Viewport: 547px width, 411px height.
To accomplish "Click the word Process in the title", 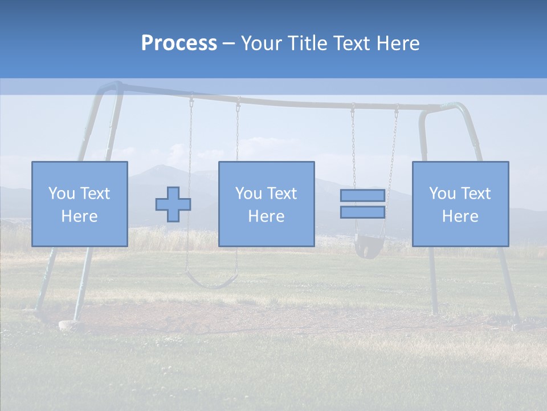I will [179, 43].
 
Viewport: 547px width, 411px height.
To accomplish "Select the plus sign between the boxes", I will [173, 204].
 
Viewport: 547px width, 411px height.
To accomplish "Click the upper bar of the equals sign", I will [362, 195].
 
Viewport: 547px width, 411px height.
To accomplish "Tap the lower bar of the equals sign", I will [362, 212].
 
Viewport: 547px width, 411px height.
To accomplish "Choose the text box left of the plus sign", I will [79, 204].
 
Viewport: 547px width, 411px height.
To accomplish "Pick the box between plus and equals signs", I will [266, 204].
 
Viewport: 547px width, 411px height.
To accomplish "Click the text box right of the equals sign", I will [460, 204].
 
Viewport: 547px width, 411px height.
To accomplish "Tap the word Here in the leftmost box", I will [79, 216].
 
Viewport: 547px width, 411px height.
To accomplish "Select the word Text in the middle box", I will [281, 194].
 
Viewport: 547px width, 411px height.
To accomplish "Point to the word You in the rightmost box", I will [442, 194].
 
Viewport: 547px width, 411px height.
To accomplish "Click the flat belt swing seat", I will [211, 281].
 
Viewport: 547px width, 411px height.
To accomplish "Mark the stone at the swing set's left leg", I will [69, 325].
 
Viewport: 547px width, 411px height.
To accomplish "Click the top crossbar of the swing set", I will [273, 100].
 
